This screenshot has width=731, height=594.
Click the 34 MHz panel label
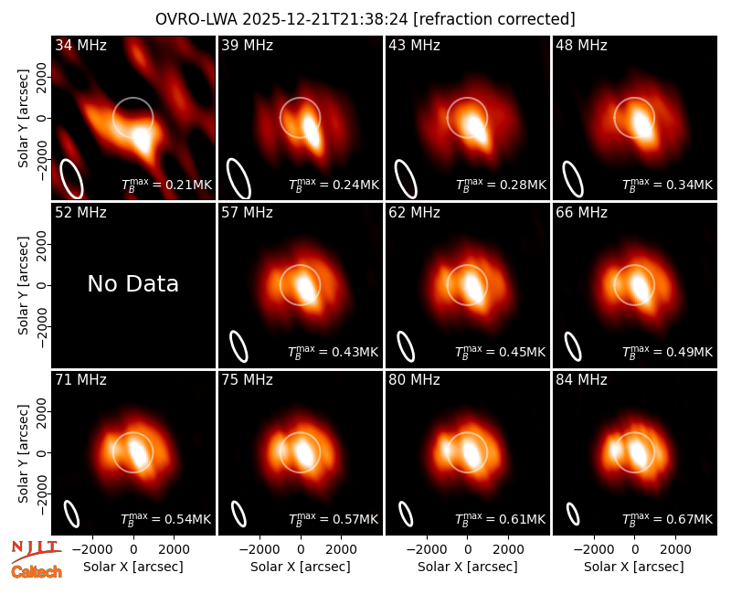(x=80, y=45)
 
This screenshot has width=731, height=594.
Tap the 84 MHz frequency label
(x=581, y=380)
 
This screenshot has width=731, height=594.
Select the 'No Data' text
(x=132, y=284)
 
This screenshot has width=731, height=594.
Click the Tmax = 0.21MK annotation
(x=167, y=185)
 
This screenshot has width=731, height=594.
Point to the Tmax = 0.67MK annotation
(x=668, y=518)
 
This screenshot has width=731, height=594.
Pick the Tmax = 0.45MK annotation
(x=500, y=352)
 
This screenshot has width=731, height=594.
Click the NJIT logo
(x=36, y=551)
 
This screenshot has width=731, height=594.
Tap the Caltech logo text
(x=37, y=572)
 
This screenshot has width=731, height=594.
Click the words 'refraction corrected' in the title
(x=494, y=19)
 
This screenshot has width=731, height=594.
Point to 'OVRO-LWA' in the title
(x=196, y=19)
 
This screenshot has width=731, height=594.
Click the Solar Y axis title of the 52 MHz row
(x=23, y=285)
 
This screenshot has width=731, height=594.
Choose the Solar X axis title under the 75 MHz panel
(x=301, y=567)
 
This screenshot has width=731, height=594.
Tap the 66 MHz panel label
(x=581, y=213)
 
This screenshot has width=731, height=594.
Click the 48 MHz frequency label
(x=581, y=45)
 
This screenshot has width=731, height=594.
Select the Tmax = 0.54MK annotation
(x=166, y=518)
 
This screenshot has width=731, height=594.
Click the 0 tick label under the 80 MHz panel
(x=468, y=549)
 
